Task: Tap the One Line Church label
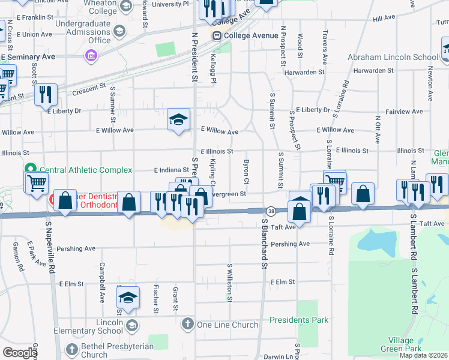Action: (x=228, y=325)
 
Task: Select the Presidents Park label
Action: (x=299, y=320)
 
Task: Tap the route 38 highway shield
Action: (x=271, y=211)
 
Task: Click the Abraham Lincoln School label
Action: (x=393, y=58)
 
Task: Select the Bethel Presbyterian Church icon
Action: (x=71, y=349)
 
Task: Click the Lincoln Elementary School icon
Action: (x=131, y=325)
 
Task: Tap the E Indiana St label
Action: (x=171, y=170)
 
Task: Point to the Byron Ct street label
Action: (x=246, y=172)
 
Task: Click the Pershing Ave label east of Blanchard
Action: (x=290, y=244)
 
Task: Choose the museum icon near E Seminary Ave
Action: (x=91, y=56)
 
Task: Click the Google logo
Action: (x=20, y=352)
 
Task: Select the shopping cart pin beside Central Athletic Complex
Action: (x=37, y=182)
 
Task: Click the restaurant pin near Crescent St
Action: (x=46, y=94)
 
